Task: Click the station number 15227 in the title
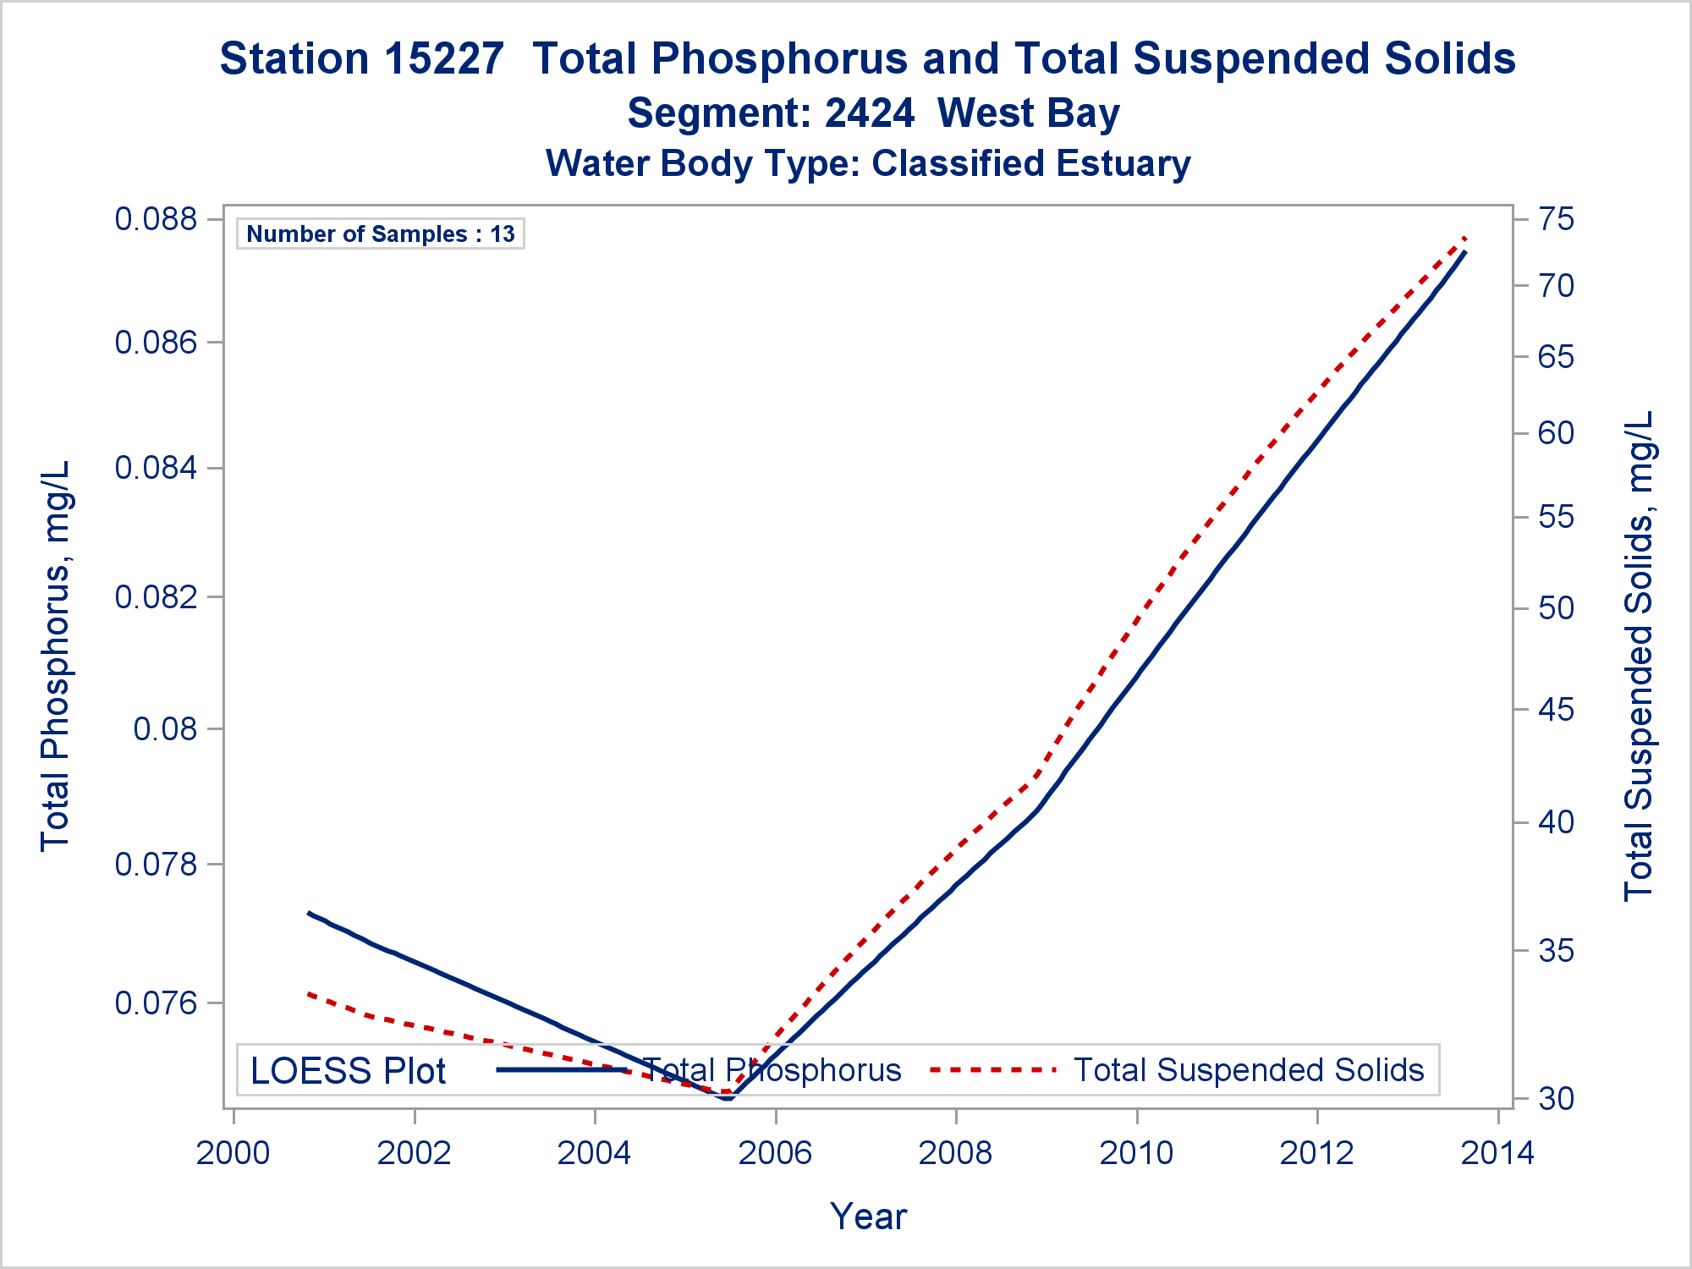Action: point(445,59)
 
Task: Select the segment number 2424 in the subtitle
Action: point(869,113)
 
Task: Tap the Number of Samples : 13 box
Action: point(381,234)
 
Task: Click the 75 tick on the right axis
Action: point(1556,219)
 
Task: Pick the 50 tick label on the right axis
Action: point(1556,608)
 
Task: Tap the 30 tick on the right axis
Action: point(1556,1099)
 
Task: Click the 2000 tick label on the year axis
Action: point(233,1153)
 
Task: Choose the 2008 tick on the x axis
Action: point(956,1153)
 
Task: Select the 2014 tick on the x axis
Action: point(1497,1153)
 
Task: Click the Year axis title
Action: point(868,1217)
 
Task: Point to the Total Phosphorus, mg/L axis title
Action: point(55,656)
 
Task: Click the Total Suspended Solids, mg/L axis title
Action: point(1639,656)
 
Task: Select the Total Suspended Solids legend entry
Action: point(1248,1070)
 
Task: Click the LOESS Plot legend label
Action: point(348,1071)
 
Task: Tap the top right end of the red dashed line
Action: point(1465,239)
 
